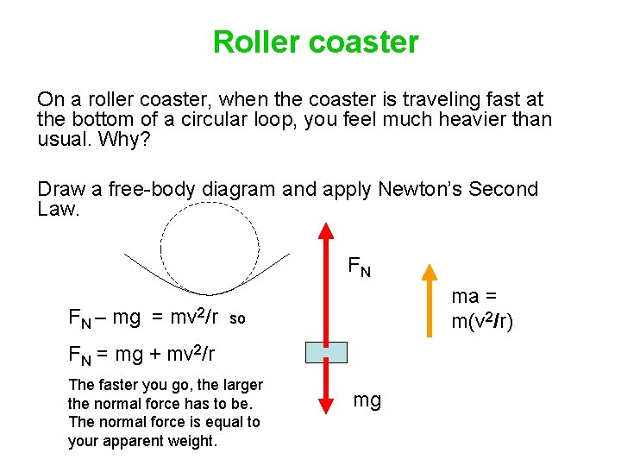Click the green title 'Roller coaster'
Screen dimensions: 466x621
click(x=316, y=41)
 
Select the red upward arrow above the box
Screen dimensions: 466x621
click(x=326, y=280)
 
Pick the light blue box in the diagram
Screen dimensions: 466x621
click(x=326, y=352)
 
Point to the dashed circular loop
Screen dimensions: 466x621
click(x=211, y=250)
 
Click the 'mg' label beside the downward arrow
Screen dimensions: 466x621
click(x=367, y=400)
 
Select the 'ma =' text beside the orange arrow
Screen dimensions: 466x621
click(x=477, y=296)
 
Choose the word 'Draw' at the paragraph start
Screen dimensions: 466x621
click(x=60, y=189)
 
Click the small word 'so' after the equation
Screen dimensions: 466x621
click(x=237, y=319)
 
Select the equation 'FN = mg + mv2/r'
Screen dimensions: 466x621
click(x=141, y=353)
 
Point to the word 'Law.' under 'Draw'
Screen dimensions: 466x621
click(x=59, y=210)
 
